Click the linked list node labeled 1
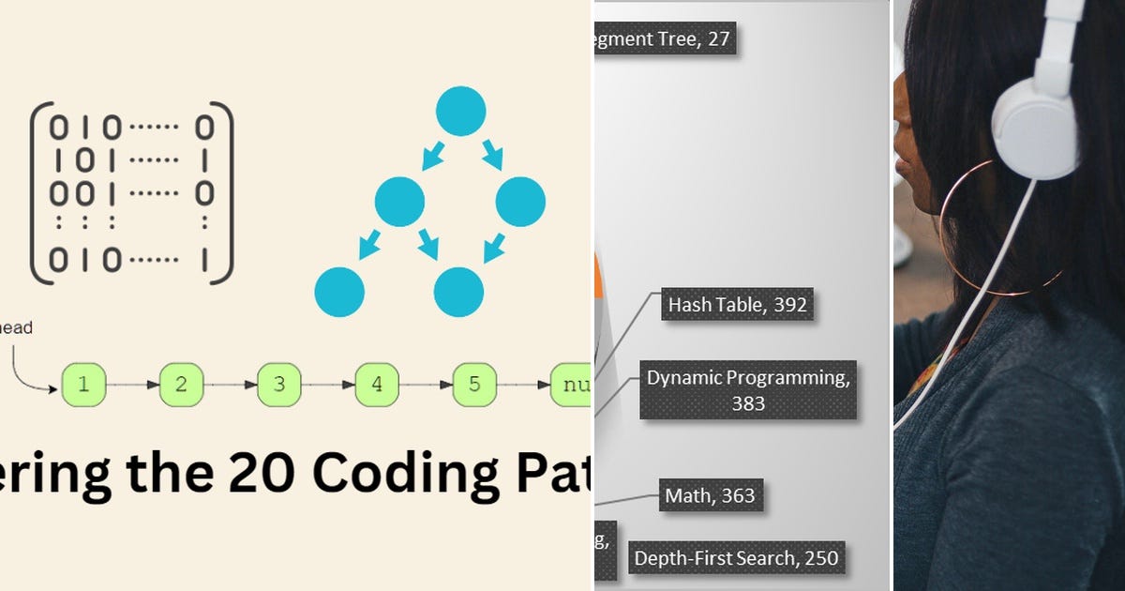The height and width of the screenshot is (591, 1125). pos(84,384)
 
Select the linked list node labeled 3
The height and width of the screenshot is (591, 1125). pos(279,384)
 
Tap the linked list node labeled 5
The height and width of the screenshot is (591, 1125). pos(474,384)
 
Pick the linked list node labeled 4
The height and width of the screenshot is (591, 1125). pos(377,384)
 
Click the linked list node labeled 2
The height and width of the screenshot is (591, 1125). pos(182,384)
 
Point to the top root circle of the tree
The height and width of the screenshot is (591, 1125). pos(460,111)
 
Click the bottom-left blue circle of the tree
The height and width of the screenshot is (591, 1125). pos(339,291)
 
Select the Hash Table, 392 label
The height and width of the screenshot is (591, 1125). pos(737,305)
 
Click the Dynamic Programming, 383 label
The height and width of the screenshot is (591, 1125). pos(748,390)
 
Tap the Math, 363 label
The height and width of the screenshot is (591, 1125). pos(710,495)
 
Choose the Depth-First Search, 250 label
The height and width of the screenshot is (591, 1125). pos(736,557)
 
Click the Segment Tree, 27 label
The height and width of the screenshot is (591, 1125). pos(665,40)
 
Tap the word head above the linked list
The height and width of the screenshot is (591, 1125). pos(17,327)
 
